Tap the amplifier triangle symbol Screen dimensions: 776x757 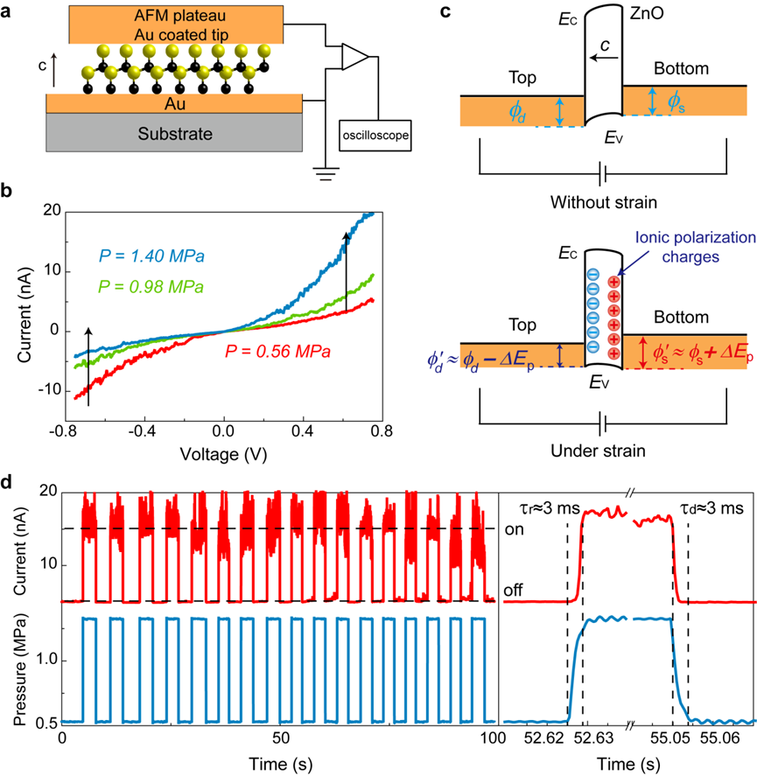(355, 57)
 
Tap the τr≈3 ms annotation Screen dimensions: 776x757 (542, 506)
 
